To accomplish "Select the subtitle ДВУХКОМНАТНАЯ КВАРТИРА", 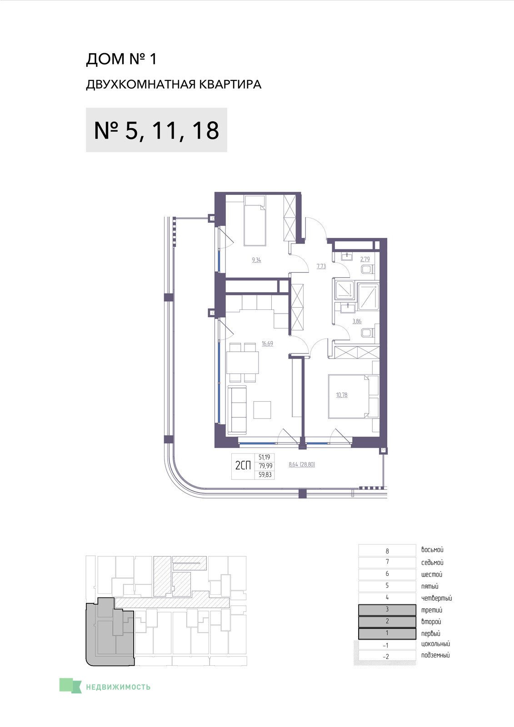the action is (174, 85).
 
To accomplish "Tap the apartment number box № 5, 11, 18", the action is (156, 130).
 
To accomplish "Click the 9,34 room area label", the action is (256, 260).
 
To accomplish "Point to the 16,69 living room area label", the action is (268, 344).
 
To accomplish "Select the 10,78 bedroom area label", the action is (342, 395).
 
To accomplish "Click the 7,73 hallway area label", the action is (321, 266).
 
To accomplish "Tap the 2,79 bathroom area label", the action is (365, 259).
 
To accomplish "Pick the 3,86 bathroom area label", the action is (357, 321).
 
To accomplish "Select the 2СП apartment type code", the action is (243, 466).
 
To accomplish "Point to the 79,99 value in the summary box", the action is (265, 466).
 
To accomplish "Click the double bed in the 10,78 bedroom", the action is (354, 397).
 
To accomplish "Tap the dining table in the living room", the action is (243, 363).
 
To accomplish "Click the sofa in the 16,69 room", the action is (237, 409).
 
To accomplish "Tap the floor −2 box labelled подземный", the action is (387, 656).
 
